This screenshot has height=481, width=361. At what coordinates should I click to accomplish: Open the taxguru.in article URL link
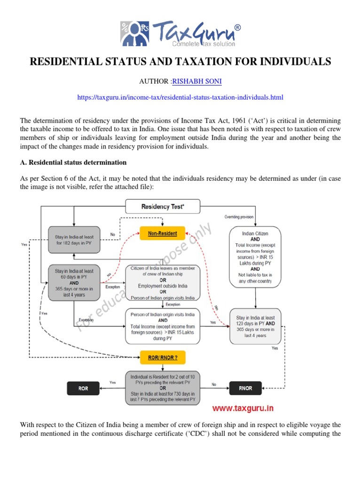pyautogui.click(x=180, y=97)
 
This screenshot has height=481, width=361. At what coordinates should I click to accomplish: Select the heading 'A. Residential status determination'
pyautogui.click(x=73, y=163)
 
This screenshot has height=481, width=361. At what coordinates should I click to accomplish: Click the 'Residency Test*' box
pyautogui.click(x=162, y=206)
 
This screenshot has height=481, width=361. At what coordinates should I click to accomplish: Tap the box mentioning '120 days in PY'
pyautogui.click(x=255, y=326)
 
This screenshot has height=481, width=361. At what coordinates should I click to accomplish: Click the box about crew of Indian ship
pyautogui.click(x=162, y=282)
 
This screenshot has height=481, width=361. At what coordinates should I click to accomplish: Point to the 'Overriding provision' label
pyautogui.click(x=238, y=217)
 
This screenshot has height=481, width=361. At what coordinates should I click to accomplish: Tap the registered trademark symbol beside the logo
pyautogui.click(x=238, y=28)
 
